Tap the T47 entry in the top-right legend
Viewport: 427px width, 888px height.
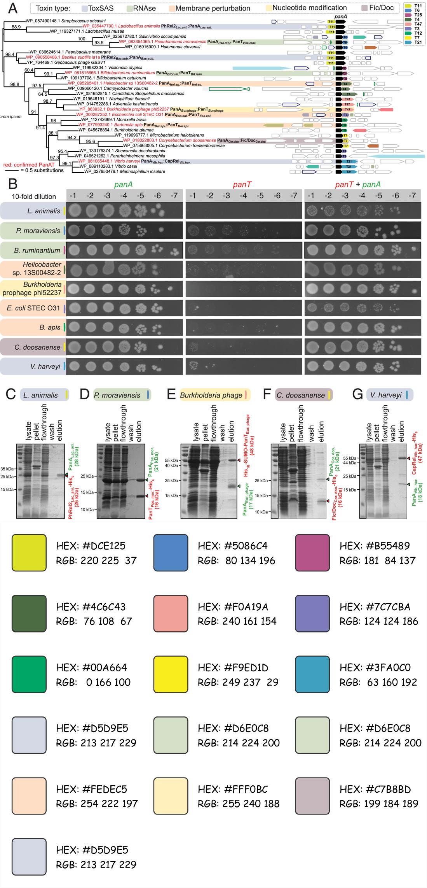415,23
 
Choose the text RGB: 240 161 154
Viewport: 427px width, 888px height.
237,621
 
